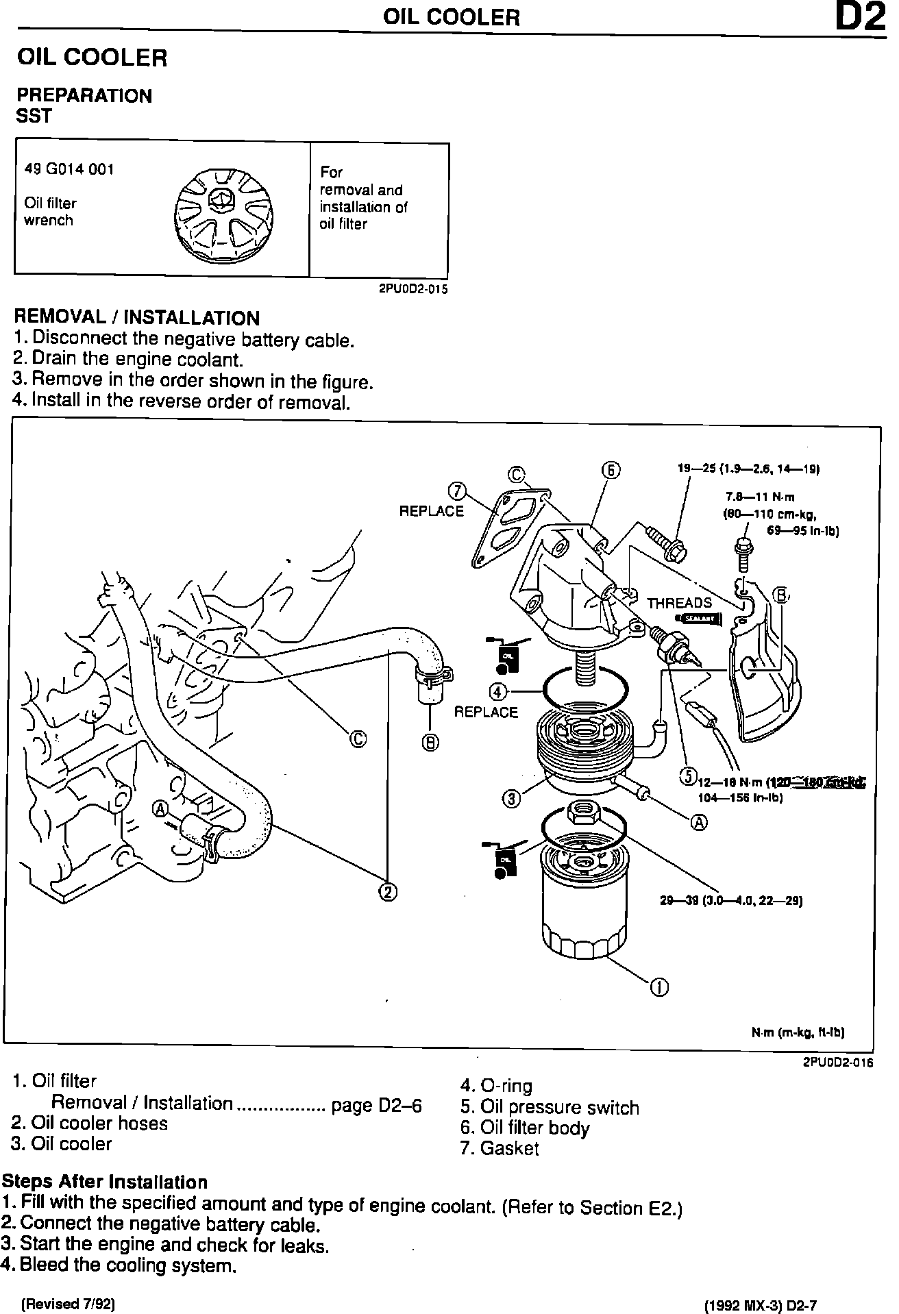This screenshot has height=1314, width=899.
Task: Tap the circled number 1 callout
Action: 659,987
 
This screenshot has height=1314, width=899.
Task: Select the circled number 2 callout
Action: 387,891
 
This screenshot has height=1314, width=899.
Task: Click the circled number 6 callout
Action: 611,470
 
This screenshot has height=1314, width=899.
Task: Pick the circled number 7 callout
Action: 457,491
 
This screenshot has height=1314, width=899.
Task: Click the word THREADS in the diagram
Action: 679,603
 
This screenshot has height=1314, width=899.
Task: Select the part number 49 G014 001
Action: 69,169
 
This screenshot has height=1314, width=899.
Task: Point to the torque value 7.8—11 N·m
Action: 760,497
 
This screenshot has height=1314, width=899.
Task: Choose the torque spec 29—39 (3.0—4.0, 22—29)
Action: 730,900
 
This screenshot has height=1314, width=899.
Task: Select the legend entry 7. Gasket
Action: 500,1149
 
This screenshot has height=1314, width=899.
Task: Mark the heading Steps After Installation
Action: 104,1182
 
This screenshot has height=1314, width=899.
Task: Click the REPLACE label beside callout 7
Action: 432,511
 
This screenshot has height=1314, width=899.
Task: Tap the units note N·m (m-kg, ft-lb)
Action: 798,1032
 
